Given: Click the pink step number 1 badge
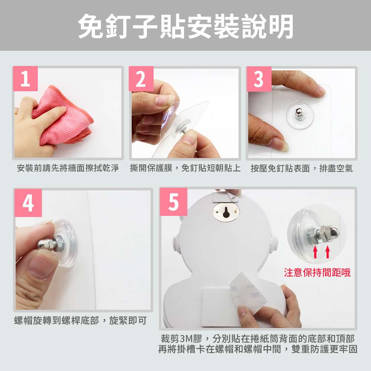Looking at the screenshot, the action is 25,79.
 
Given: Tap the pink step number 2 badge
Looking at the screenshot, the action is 141,79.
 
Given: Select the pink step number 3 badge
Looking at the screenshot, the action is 259,79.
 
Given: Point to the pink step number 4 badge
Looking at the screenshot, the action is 28,203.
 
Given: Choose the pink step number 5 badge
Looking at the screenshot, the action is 173,202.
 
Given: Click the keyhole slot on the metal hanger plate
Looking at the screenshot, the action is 226,212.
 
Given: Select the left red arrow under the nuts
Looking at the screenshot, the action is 315,252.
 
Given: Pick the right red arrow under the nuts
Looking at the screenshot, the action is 328,252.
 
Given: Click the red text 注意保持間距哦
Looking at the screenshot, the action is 317,273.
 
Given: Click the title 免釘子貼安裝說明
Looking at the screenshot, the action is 186,26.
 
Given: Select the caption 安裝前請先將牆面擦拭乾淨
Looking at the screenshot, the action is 68,168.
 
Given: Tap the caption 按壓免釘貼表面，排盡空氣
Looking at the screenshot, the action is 302,168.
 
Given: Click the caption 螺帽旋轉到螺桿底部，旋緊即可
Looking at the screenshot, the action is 81,321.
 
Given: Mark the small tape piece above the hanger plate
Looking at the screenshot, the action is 226,196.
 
